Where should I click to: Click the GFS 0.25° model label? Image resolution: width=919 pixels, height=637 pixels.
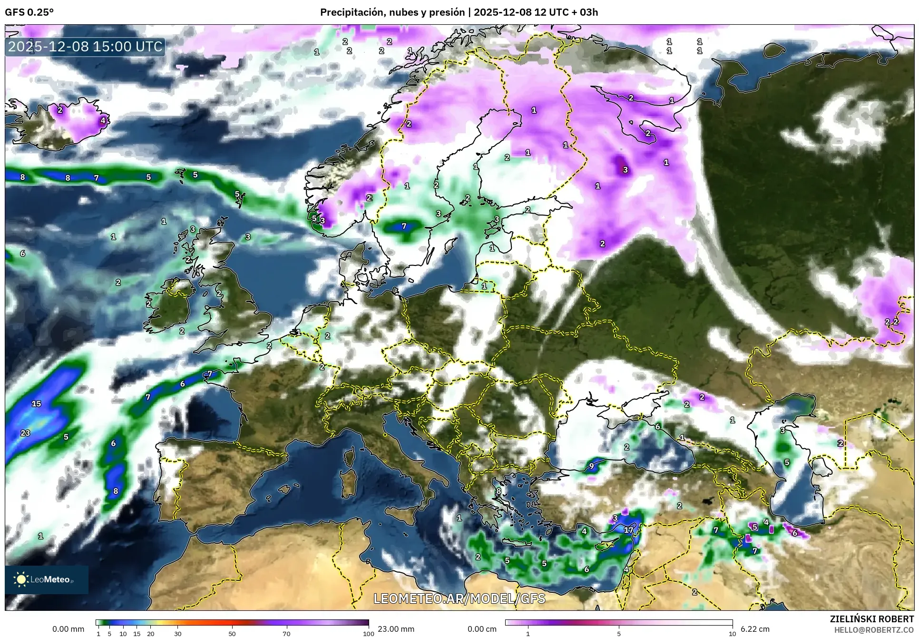point(29,12)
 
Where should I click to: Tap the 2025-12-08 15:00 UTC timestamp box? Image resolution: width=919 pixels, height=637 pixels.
point(86,47)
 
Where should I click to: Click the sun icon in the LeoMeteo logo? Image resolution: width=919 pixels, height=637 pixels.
point(21,579)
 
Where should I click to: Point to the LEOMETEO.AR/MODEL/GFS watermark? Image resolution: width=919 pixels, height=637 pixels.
point(459,598)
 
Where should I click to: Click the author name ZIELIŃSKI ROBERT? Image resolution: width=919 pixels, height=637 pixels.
point(871,619)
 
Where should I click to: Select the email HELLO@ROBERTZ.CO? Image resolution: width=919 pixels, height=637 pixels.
point(874,630)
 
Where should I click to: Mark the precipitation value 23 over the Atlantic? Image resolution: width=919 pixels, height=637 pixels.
point(25,433)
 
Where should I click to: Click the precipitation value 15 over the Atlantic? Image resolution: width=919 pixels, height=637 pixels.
point(36,404)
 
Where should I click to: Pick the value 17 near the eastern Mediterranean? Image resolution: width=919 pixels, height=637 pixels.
point(629,530)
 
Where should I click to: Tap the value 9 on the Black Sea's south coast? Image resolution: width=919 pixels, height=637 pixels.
point(592,466)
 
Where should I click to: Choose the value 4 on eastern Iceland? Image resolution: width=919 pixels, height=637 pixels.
point(103,120)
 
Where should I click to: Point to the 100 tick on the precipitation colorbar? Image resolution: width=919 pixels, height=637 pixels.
point(368,634)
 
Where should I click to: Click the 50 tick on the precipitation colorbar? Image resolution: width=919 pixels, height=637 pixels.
point(232,634)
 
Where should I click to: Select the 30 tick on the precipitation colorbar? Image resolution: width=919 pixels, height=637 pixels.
point(177,634)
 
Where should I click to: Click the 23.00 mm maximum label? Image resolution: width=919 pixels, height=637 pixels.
point(396,629)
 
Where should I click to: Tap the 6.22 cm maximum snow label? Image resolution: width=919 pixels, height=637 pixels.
point(755,629)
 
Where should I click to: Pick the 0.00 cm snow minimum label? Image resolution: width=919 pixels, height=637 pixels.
point(482,629)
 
